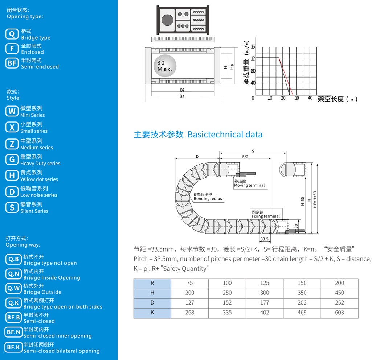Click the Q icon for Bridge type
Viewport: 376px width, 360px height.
click(x=12, y=34)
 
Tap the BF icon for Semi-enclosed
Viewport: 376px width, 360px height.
click(x=12, y=63)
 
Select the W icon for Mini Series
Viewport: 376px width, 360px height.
click(x=12, y=111)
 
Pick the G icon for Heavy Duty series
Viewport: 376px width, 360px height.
click(x=12, y=160)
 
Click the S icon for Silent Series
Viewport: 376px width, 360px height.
click(x=12, y=207)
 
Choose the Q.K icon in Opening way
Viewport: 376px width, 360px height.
click(x=13, y=303)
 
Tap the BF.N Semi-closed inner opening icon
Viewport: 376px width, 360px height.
click(x=13, y=332)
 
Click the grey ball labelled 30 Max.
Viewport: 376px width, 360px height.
click(x=165, y=66)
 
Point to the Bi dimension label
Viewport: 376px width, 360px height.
click(x=182, y=90)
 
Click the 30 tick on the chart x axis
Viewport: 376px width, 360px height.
click(x=297, y=98)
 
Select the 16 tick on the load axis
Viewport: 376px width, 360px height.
click(x=253, y=47)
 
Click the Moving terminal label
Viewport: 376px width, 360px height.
click(x=249, y=185)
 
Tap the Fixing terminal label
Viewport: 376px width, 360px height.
click(x=266, y=216)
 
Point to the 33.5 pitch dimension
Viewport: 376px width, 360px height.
click(x=265, y=239)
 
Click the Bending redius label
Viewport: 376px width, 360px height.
click(x=208, y=199)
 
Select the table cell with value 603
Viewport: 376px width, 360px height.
click(x=340, y=313)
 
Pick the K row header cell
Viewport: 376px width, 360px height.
click(x=152, y=313)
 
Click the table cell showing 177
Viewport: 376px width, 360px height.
click(x=265, y=303)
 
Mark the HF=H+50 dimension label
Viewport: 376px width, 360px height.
click(x=315, y=199)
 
